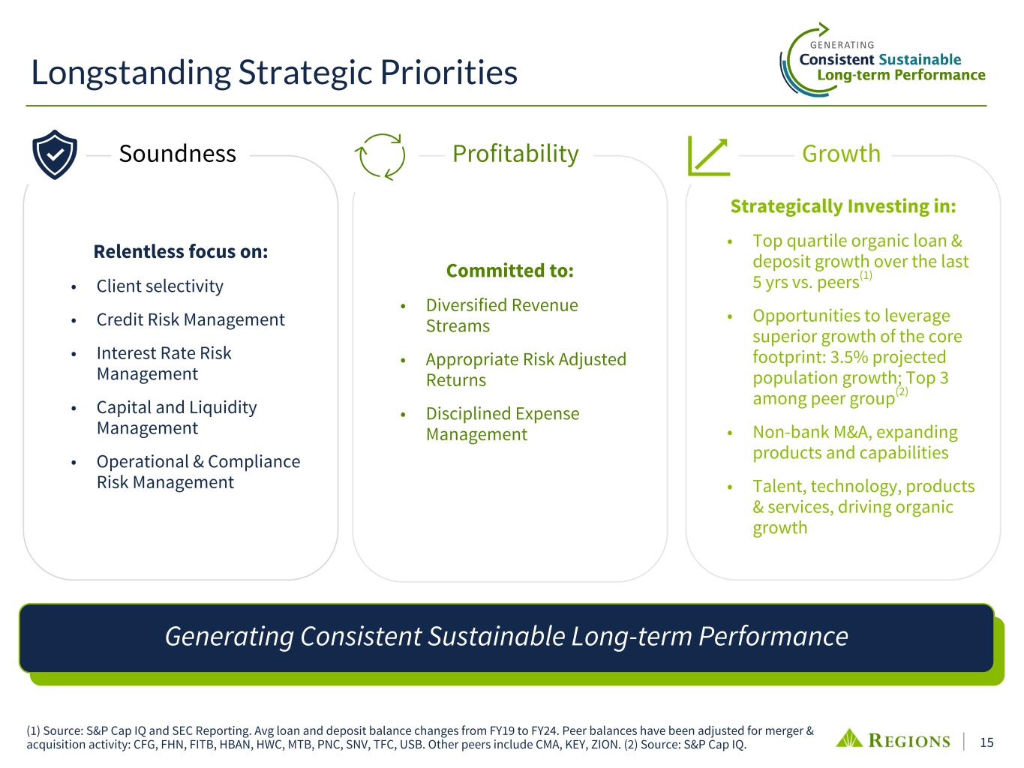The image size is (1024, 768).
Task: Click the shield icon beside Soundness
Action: tap(55, 154)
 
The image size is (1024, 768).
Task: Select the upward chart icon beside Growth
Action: tap(709, 156)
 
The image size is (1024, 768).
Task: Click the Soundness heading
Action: tap(177, 154)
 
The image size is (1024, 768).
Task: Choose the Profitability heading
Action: tap(515, 154)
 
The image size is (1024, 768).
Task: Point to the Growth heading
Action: tap(841, 154)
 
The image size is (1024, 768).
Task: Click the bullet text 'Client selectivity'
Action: tap(160, 286)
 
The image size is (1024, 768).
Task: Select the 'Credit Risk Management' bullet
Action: tap(191, 319)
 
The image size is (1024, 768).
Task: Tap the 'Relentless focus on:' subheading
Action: tap(181, 251)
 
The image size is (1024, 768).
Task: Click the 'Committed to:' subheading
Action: tap(510, 271)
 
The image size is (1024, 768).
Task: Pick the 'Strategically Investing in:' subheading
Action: tap(843, 206)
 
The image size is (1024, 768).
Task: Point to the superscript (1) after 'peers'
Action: tap(866, 275)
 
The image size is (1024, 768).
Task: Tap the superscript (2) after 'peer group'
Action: tap(902, 391)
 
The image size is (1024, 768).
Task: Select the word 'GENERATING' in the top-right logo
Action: tap(842, 45)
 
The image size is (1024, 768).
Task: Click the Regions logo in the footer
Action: tap(893, 740)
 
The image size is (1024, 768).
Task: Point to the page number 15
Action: tap(986, 742)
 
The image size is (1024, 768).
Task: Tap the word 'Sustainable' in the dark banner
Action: tap(497, 636)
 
